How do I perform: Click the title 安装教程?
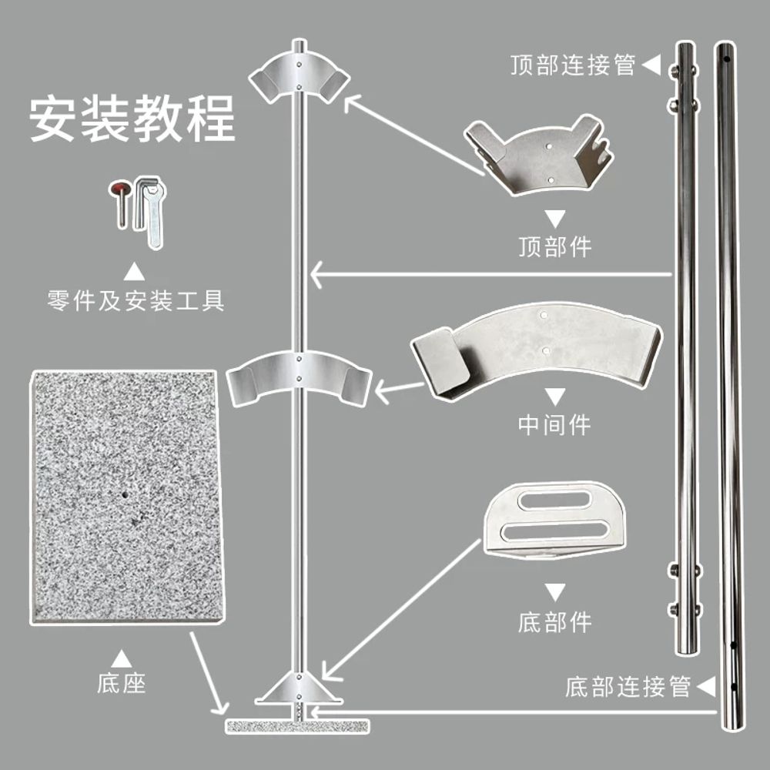[x=132, y=119]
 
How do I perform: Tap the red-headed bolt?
[x=120, y=201]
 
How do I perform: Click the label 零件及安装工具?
[x=136, y=300]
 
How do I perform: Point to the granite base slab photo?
[x=128, y=497]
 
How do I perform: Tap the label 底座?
[x=122, y=682]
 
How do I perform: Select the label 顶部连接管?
[x=573, y=65]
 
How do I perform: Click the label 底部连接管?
[x=628, y=687]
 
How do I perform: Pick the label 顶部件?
[x=555, y=246]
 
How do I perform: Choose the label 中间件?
[x=555, y=424]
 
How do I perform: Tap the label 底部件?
[x=555, y=622]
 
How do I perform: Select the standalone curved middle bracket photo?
[x=536, y=350]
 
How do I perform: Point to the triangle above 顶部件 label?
[x=555, y=219]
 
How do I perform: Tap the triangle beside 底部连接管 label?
[x=707, y=687]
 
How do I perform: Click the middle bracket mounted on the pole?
[x=299, y=376]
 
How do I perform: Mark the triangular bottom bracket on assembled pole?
[x=299, y=688]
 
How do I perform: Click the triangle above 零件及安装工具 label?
[x=134, y=272]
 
